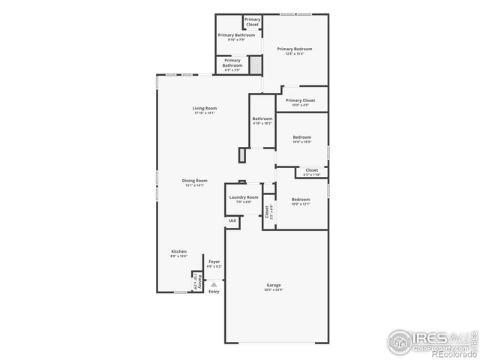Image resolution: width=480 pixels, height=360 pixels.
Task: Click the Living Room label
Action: [204, 108]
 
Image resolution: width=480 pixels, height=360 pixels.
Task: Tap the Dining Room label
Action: [194, 180]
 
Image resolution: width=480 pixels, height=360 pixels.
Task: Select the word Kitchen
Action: [178, 251]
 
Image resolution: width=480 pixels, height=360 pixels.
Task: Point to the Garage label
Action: [274, 285]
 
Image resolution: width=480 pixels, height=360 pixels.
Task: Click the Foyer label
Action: [214, 262]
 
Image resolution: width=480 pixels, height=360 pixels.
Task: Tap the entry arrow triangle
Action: [214, 284]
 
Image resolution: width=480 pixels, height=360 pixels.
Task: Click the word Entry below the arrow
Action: [214, 292]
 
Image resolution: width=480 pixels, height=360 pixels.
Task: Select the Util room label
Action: [232, 220]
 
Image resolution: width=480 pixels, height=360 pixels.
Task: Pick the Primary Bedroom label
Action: [294, 49]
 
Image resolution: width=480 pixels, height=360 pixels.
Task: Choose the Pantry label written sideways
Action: [196, 283]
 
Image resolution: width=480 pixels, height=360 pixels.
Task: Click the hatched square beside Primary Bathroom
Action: [256, 66]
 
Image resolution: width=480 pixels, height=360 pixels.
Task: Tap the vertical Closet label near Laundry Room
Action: [267, 211]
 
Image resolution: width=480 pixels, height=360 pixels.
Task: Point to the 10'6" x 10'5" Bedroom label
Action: [302, 137]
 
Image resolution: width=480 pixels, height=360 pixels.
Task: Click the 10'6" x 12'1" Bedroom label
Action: [301, 199]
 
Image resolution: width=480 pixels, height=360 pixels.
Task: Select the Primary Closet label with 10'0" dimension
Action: [300, 100]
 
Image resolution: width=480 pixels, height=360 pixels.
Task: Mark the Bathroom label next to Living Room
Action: [262, 118]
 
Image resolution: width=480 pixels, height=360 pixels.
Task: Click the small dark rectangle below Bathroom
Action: [242, 155]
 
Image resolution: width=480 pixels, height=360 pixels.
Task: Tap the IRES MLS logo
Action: [431, 341]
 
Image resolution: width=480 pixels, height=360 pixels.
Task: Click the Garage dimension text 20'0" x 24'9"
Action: [274, 289]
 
